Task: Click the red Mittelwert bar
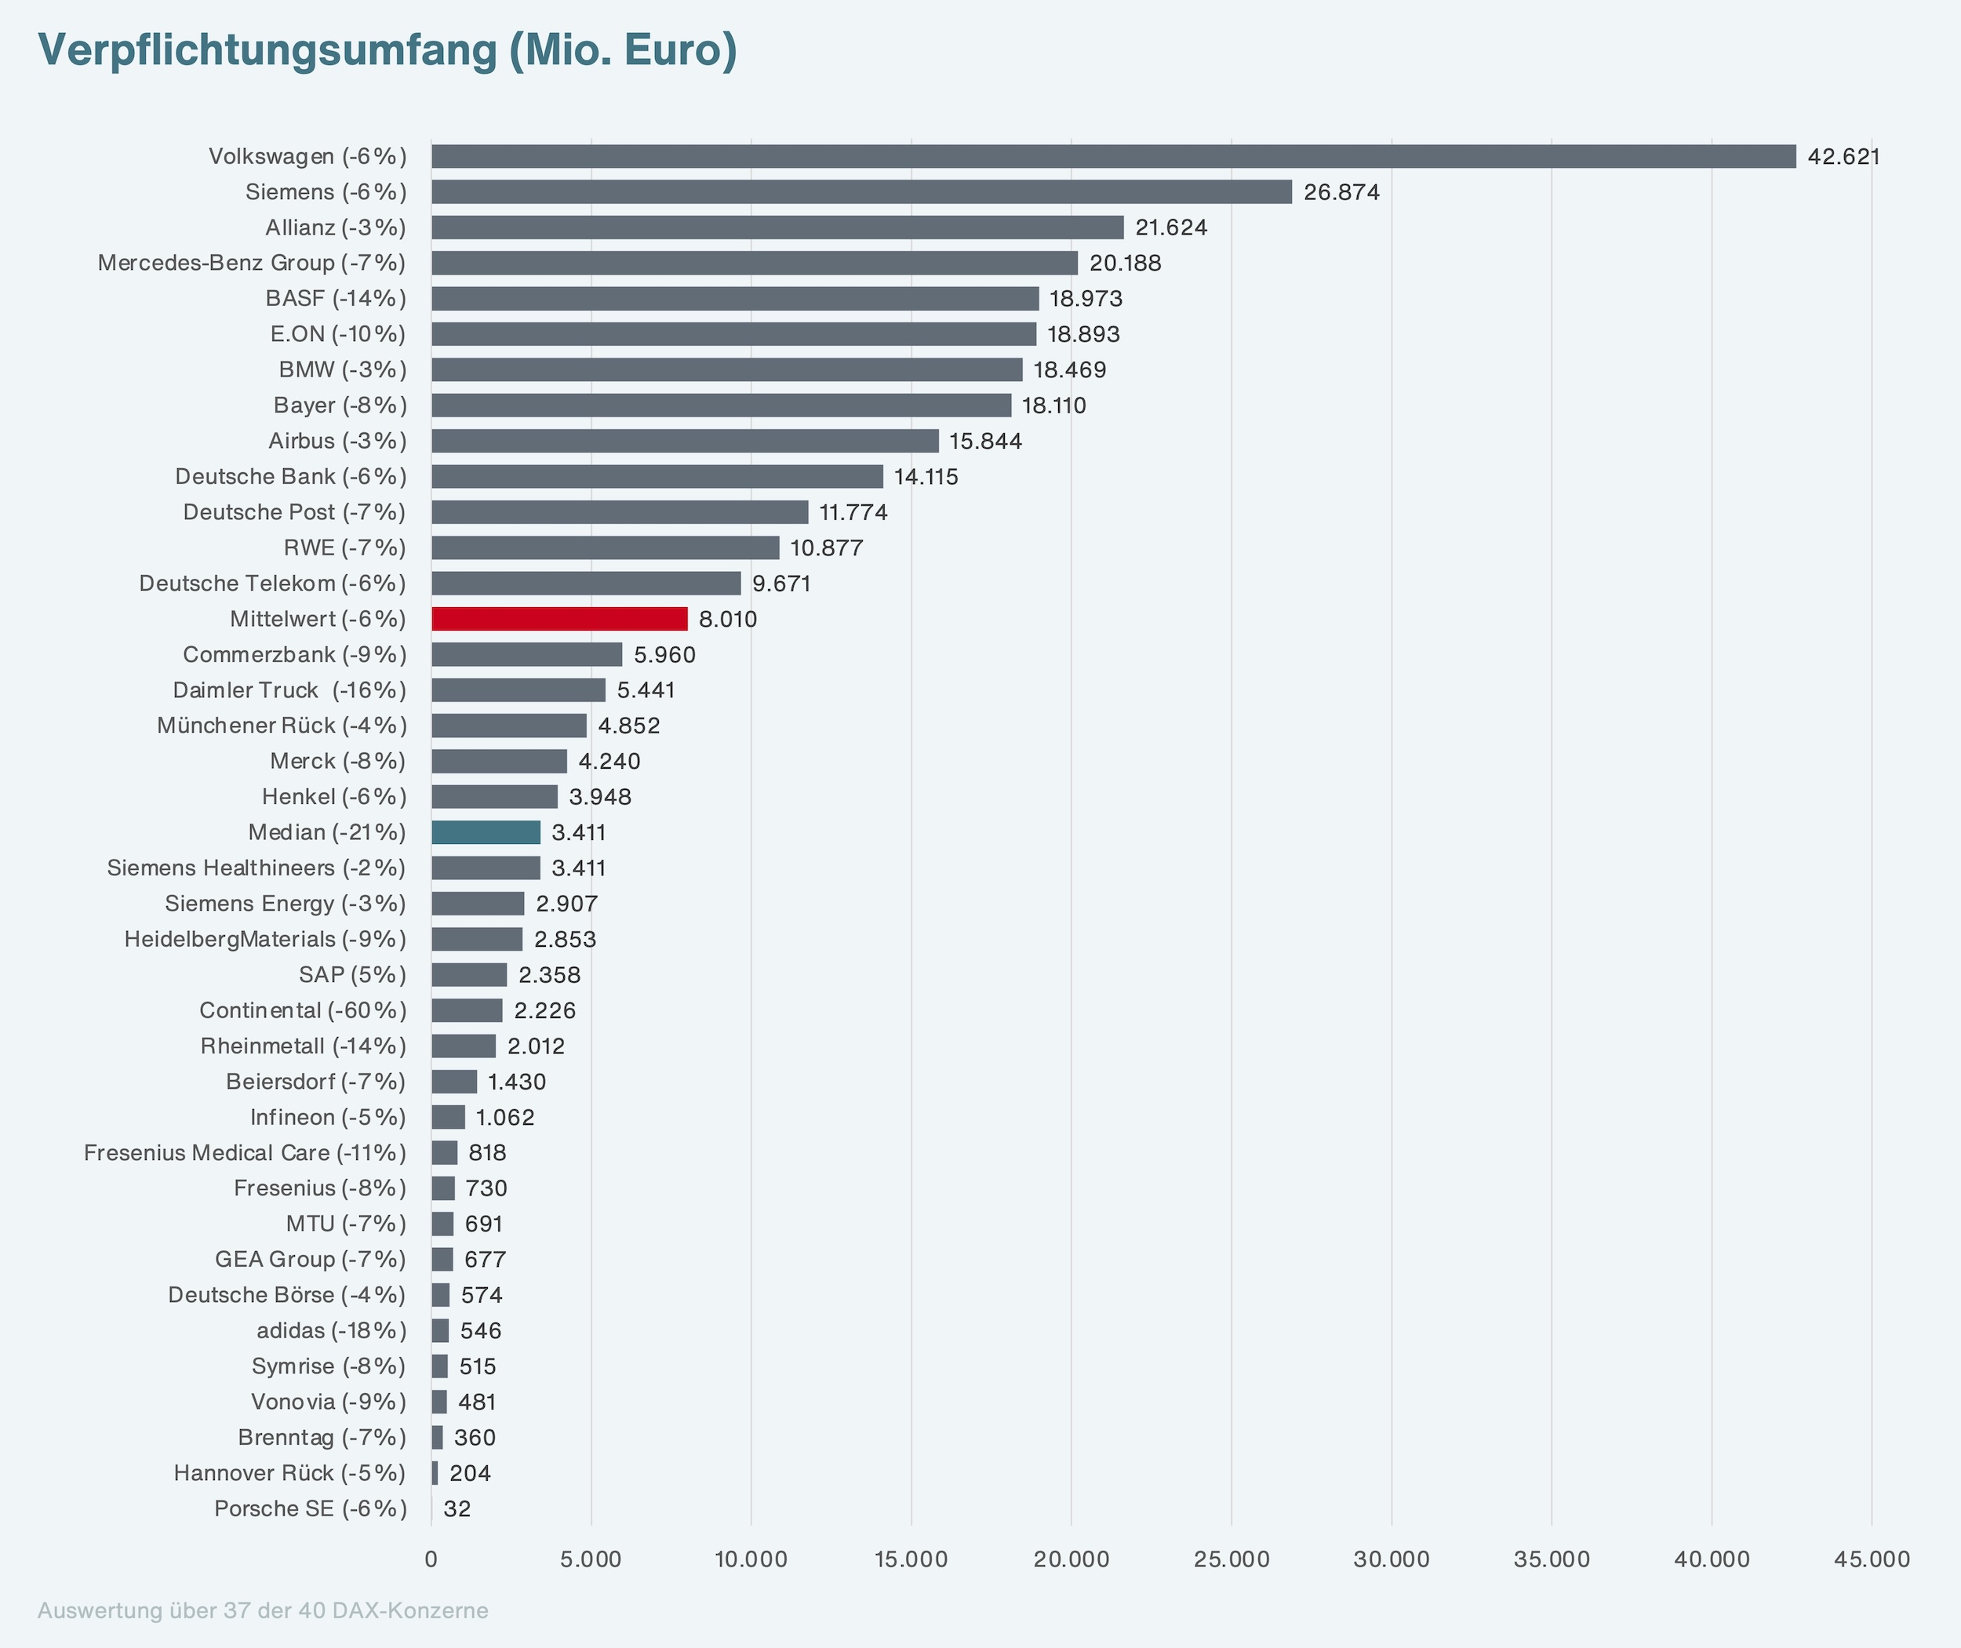pos(559,618)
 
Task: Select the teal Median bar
pos(486,832)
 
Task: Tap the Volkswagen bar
pos(1114,156)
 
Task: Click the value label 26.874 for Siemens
pos(1341,192)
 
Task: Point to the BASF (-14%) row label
pos(337,299)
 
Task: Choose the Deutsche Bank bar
pos(657,476)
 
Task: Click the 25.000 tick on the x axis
pos(1232,1559)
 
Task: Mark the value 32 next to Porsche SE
pos(457,1509)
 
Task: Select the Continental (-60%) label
pos(304,1011)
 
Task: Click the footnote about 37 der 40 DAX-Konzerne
pos(263,1610)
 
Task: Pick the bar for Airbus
pos(685,441)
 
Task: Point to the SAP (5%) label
pos(353,975)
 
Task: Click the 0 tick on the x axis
pos(431,1559)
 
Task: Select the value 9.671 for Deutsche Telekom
pos(782,584)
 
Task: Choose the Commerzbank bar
pos(527,655)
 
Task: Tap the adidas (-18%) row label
pos(332,1331)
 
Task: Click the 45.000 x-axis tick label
pos(1872,1559)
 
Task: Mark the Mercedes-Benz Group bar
pos(755,263)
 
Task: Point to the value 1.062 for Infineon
pos(505,1117)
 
